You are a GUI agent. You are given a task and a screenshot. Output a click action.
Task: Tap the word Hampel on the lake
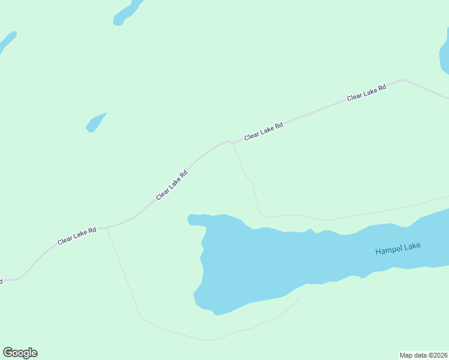[389, 250]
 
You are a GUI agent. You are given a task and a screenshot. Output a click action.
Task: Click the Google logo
[20, 353]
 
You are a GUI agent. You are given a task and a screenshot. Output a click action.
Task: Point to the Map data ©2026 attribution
[423, 355]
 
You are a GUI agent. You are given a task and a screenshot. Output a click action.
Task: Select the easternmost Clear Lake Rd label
[366, 93]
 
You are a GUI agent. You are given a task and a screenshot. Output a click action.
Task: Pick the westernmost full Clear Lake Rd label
[77, 235]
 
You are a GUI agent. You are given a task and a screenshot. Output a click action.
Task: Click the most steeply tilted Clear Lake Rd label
[172, 185]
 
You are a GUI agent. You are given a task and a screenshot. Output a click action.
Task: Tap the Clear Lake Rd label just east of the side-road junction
[264, 131]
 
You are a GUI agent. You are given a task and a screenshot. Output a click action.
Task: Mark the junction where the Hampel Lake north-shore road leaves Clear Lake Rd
[232, 143]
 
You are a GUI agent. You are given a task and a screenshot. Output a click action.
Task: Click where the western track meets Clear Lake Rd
[106, 228]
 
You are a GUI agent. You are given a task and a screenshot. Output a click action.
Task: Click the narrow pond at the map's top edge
[127, 13]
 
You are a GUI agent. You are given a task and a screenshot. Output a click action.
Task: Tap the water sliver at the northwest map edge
[7, 41]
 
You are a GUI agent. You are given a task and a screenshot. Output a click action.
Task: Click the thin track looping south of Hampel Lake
[180, 334]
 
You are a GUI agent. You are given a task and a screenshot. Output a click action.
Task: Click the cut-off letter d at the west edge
[1, 280]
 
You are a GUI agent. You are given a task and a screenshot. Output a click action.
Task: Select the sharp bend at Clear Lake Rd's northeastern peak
[403, 80]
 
